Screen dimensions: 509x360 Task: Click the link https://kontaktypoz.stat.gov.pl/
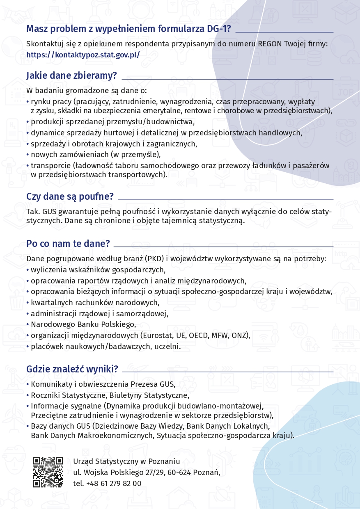[83, 54]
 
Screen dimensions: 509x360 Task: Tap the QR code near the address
[48, 472]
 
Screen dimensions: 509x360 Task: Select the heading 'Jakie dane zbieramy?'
[71, 75]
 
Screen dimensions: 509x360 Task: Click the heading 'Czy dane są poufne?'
[70, 196]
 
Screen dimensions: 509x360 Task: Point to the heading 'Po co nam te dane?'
[68, 244]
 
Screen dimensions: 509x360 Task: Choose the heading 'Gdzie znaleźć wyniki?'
[72, 369]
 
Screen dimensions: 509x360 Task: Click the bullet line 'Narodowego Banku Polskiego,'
[83, 324]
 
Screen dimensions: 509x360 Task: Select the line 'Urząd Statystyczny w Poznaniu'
[126, 461]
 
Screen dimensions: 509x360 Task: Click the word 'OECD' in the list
[198, 336]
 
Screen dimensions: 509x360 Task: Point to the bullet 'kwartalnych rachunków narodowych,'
[95, 303]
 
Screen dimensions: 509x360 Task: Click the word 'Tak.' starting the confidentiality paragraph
[33, 212]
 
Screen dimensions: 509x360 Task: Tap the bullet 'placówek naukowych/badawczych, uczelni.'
[105, 347]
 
